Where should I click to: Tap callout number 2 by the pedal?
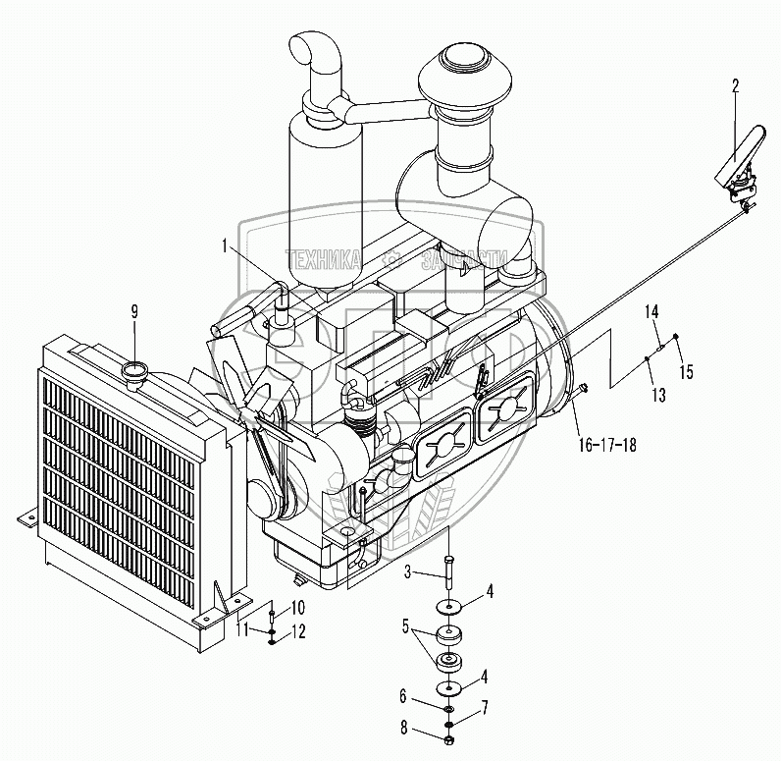[735, 85]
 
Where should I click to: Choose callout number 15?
[687, 371]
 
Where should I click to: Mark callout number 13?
[657, 394]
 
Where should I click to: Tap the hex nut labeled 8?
[448, 738]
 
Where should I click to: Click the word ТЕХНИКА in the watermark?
[324, 258]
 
